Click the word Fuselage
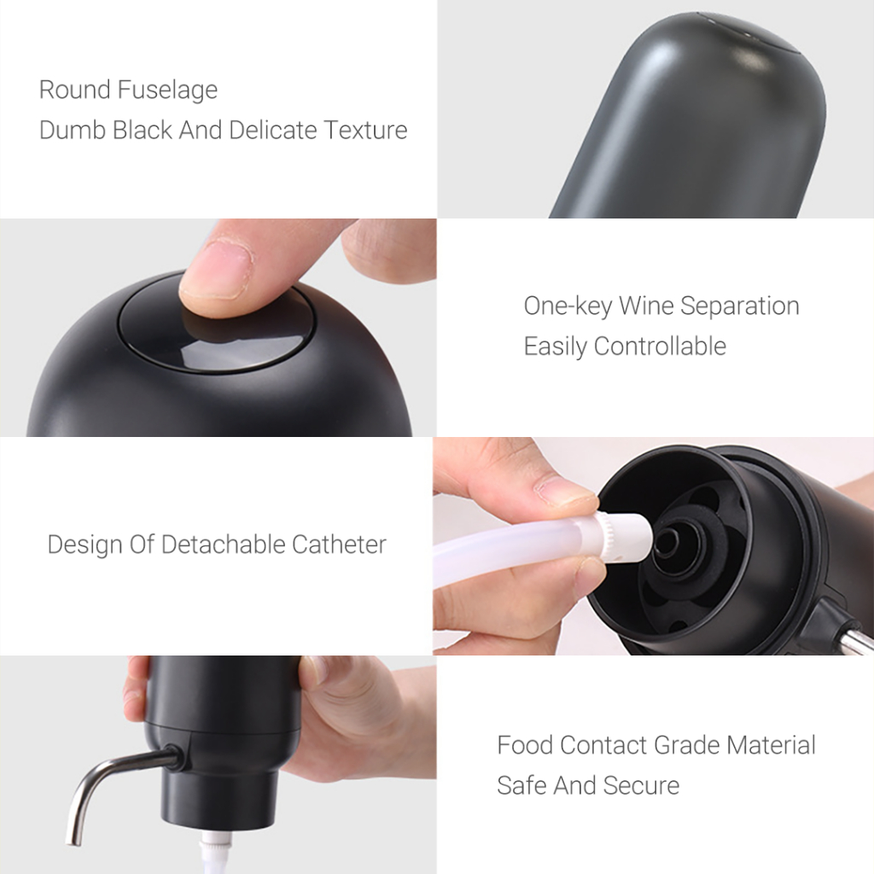(167, 90)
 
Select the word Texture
(365, 130)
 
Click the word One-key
(568, 306)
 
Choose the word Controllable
(660, 346)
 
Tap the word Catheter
(339, 544)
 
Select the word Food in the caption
(525, 744)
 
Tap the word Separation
(740, 306)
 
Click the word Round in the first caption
(75, 90)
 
